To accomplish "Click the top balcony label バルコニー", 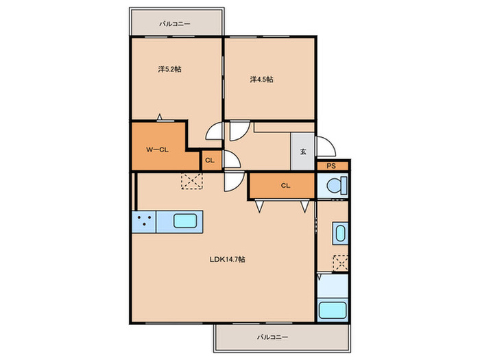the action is (x=174, y=23).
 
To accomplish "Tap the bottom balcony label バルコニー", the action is (x=272, y=337).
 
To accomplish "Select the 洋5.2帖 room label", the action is (x=169, y=69).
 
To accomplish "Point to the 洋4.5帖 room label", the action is (x=262, y=80).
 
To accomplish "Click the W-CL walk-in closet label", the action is (x=157, y=149).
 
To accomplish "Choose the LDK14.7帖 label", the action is (x=227, y=259).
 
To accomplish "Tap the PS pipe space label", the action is (x=331, y=166).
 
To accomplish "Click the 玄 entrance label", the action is (x=303, y=152).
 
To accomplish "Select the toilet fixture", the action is (x=337, y=185).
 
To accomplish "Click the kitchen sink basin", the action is (x=185, y=221).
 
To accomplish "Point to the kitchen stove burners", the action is (x=144, y=221).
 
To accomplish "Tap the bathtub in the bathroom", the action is (x=333, y=310).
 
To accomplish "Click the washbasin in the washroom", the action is (x=340, y=233).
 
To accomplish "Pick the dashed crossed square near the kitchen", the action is (x=192, y=181).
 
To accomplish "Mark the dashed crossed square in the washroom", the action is (x=340, y=263).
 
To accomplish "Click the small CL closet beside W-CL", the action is (x=210, y=160).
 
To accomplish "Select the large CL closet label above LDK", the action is (x=286, y=186).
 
